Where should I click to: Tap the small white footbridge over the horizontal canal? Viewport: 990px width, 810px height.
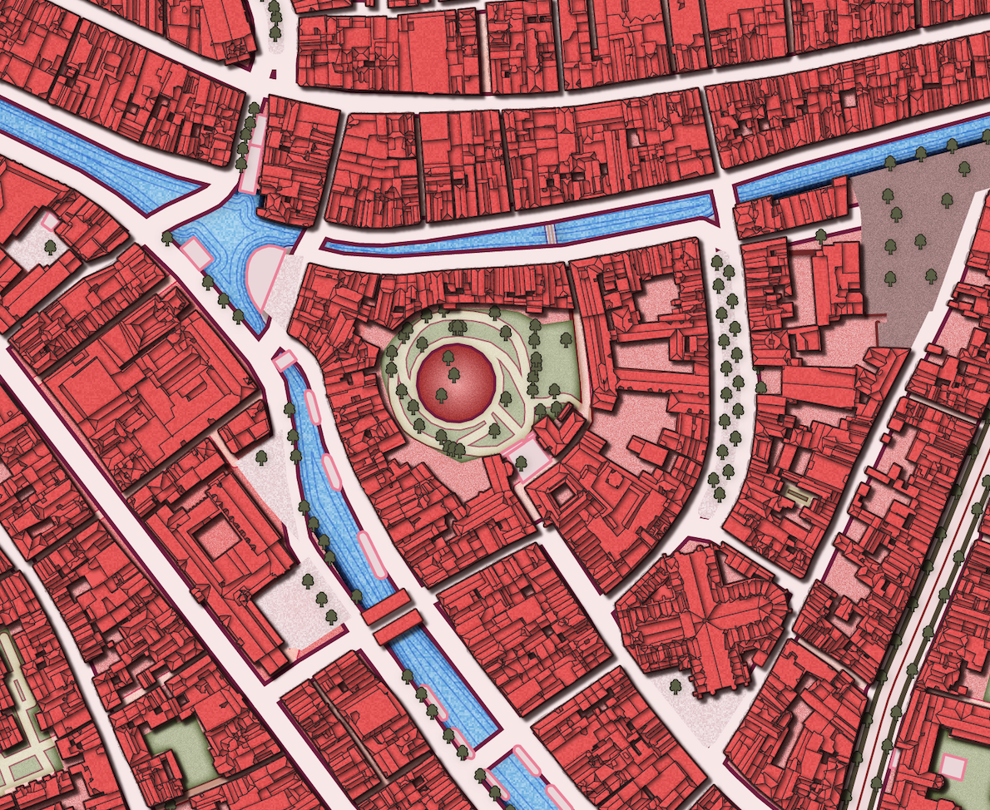(x=550, y=234)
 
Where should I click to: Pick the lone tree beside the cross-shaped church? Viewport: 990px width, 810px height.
(x=676, y=686)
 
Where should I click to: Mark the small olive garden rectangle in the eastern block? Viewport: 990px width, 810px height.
(x=798, y=498)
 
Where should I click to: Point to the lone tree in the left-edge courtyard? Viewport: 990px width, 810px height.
(x=50, y=247)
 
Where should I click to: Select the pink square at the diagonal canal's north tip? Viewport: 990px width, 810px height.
(x=284, y=361)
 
